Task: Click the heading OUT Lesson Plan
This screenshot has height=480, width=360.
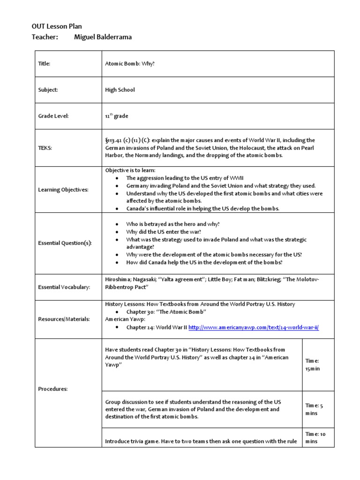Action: point(57,27)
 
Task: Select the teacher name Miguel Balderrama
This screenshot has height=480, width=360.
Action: point(103,37)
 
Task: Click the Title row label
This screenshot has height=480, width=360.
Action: point(44,64)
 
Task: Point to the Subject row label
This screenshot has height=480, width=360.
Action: point(48,90)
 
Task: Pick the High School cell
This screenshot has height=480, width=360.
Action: point(120,90)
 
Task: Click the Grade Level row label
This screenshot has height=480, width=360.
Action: point(53,116)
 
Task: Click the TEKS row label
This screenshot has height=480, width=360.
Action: point(45,148)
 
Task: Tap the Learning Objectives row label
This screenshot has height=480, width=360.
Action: point(62,190)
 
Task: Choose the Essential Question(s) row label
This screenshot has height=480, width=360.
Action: point(65,243)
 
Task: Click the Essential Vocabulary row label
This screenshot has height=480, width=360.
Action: point(64,287)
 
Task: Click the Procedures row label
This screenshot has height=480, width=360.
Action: point(52,389)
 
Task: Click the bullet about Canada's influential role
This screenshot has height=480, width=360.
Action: point(202,209)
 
